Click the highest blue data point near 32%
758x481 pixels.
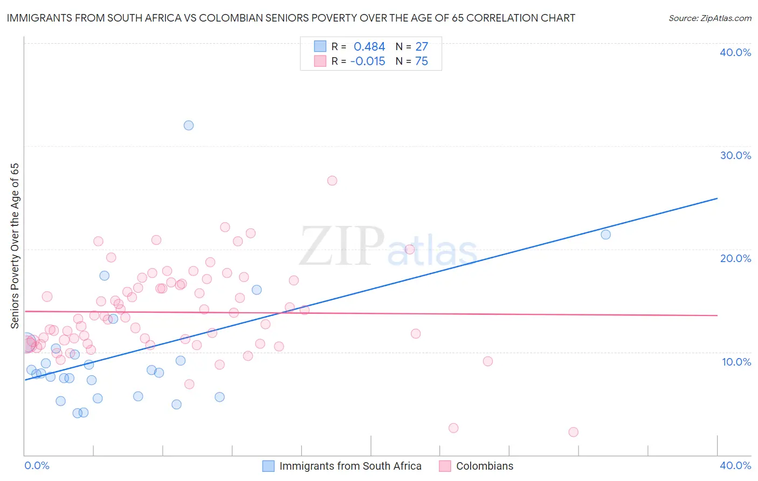189,125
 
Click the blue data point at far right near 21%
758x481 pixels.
605,234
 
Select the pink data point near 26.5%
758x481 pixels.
332,181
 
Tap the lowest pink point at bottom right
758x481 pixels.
573,432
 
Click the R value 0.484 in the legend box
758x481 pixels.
369,46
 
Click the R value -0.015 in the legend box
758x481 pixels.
368,61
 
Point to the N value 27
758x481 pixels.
422,46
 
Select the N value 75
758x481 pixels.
422,61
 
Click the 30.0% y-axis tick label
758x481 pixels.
735,155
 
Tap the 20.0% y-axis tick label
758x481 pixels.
735,258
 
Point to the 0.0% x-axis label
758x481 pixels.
37,465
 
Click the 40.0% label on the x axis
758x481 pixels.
735,465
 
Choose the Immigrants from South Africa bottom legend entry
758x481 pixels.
350,466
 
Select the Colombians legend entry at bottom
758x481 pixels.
484,466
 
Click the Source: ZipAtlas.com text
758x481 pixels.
709,18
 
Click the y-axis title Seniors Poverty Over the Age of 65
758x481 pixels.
15,245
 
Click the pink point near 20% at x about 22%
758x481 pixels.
410,249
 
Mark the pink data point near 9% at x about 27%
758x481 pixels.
487,361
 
